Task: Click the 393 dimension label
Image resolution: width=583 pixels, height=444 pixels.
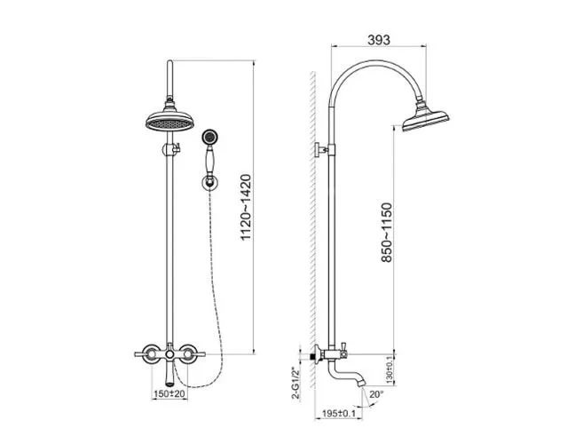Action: pyautogui.click(x=379, y=40)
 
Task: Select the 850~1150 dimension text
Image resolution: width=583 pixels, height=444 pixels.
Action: pyautogui.click(x=387, y=233)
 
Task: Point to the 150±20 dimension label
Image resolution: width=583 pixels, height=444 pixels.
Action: pyautogui.click(x=169, y=393)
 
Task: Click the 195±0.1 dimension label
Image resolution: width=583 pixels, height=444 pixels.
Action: pyautogui.click(x=339, y=413)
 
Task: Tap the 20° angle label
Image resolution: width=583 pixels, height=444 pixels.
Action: pyautogui.click(x=376, y=394)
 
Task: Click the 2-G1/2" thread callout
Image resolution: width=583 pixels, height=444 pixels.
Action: pyautogui.click(x=295, y=384)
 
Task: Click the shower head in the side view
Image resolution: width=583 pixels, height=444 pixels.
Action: pyautogui.click(x=426, y=118)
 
